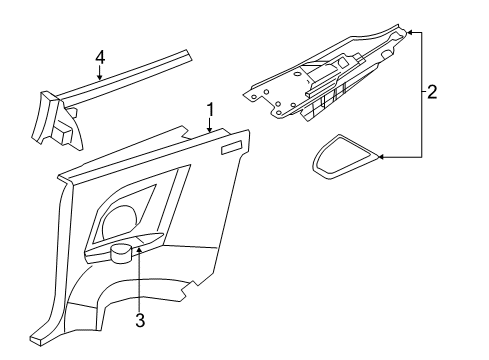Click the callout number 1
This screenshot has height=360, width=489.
(210, 109)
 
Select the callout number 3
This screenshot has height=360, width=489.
(140, 319)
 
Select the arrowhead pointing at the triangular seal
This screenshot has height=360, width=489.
(387, 156)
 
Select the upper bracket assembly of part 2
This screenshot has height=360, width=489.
(320, 85)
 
